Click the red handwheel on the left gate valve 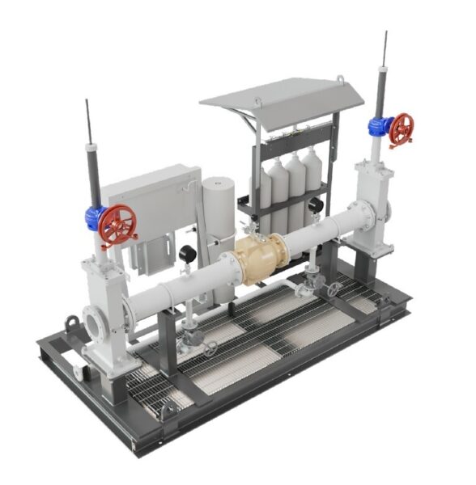(x=118, y=226)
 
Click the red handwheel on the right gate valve (x=401, y=129)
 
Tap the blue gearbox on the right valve (x=376, y=125)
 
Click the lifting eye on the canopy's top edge (x=341, y=78)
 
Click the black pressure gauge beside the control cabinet (x=186, y=252)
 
